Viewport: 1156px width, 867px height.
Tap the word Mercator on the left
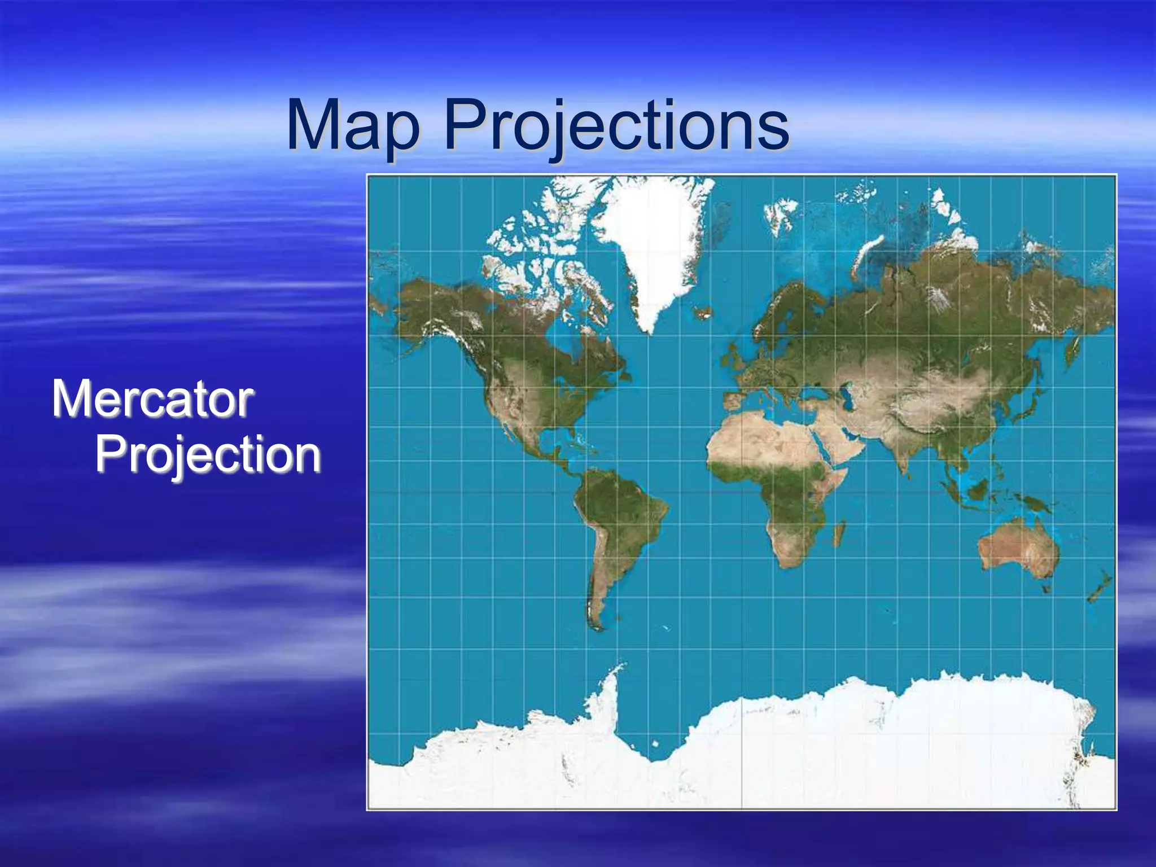pos(152,400)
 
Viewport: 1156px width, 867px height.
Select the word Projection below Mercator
pos(208,455)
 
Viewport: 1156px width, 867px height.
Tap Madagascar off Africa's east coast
pos(839,533)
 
